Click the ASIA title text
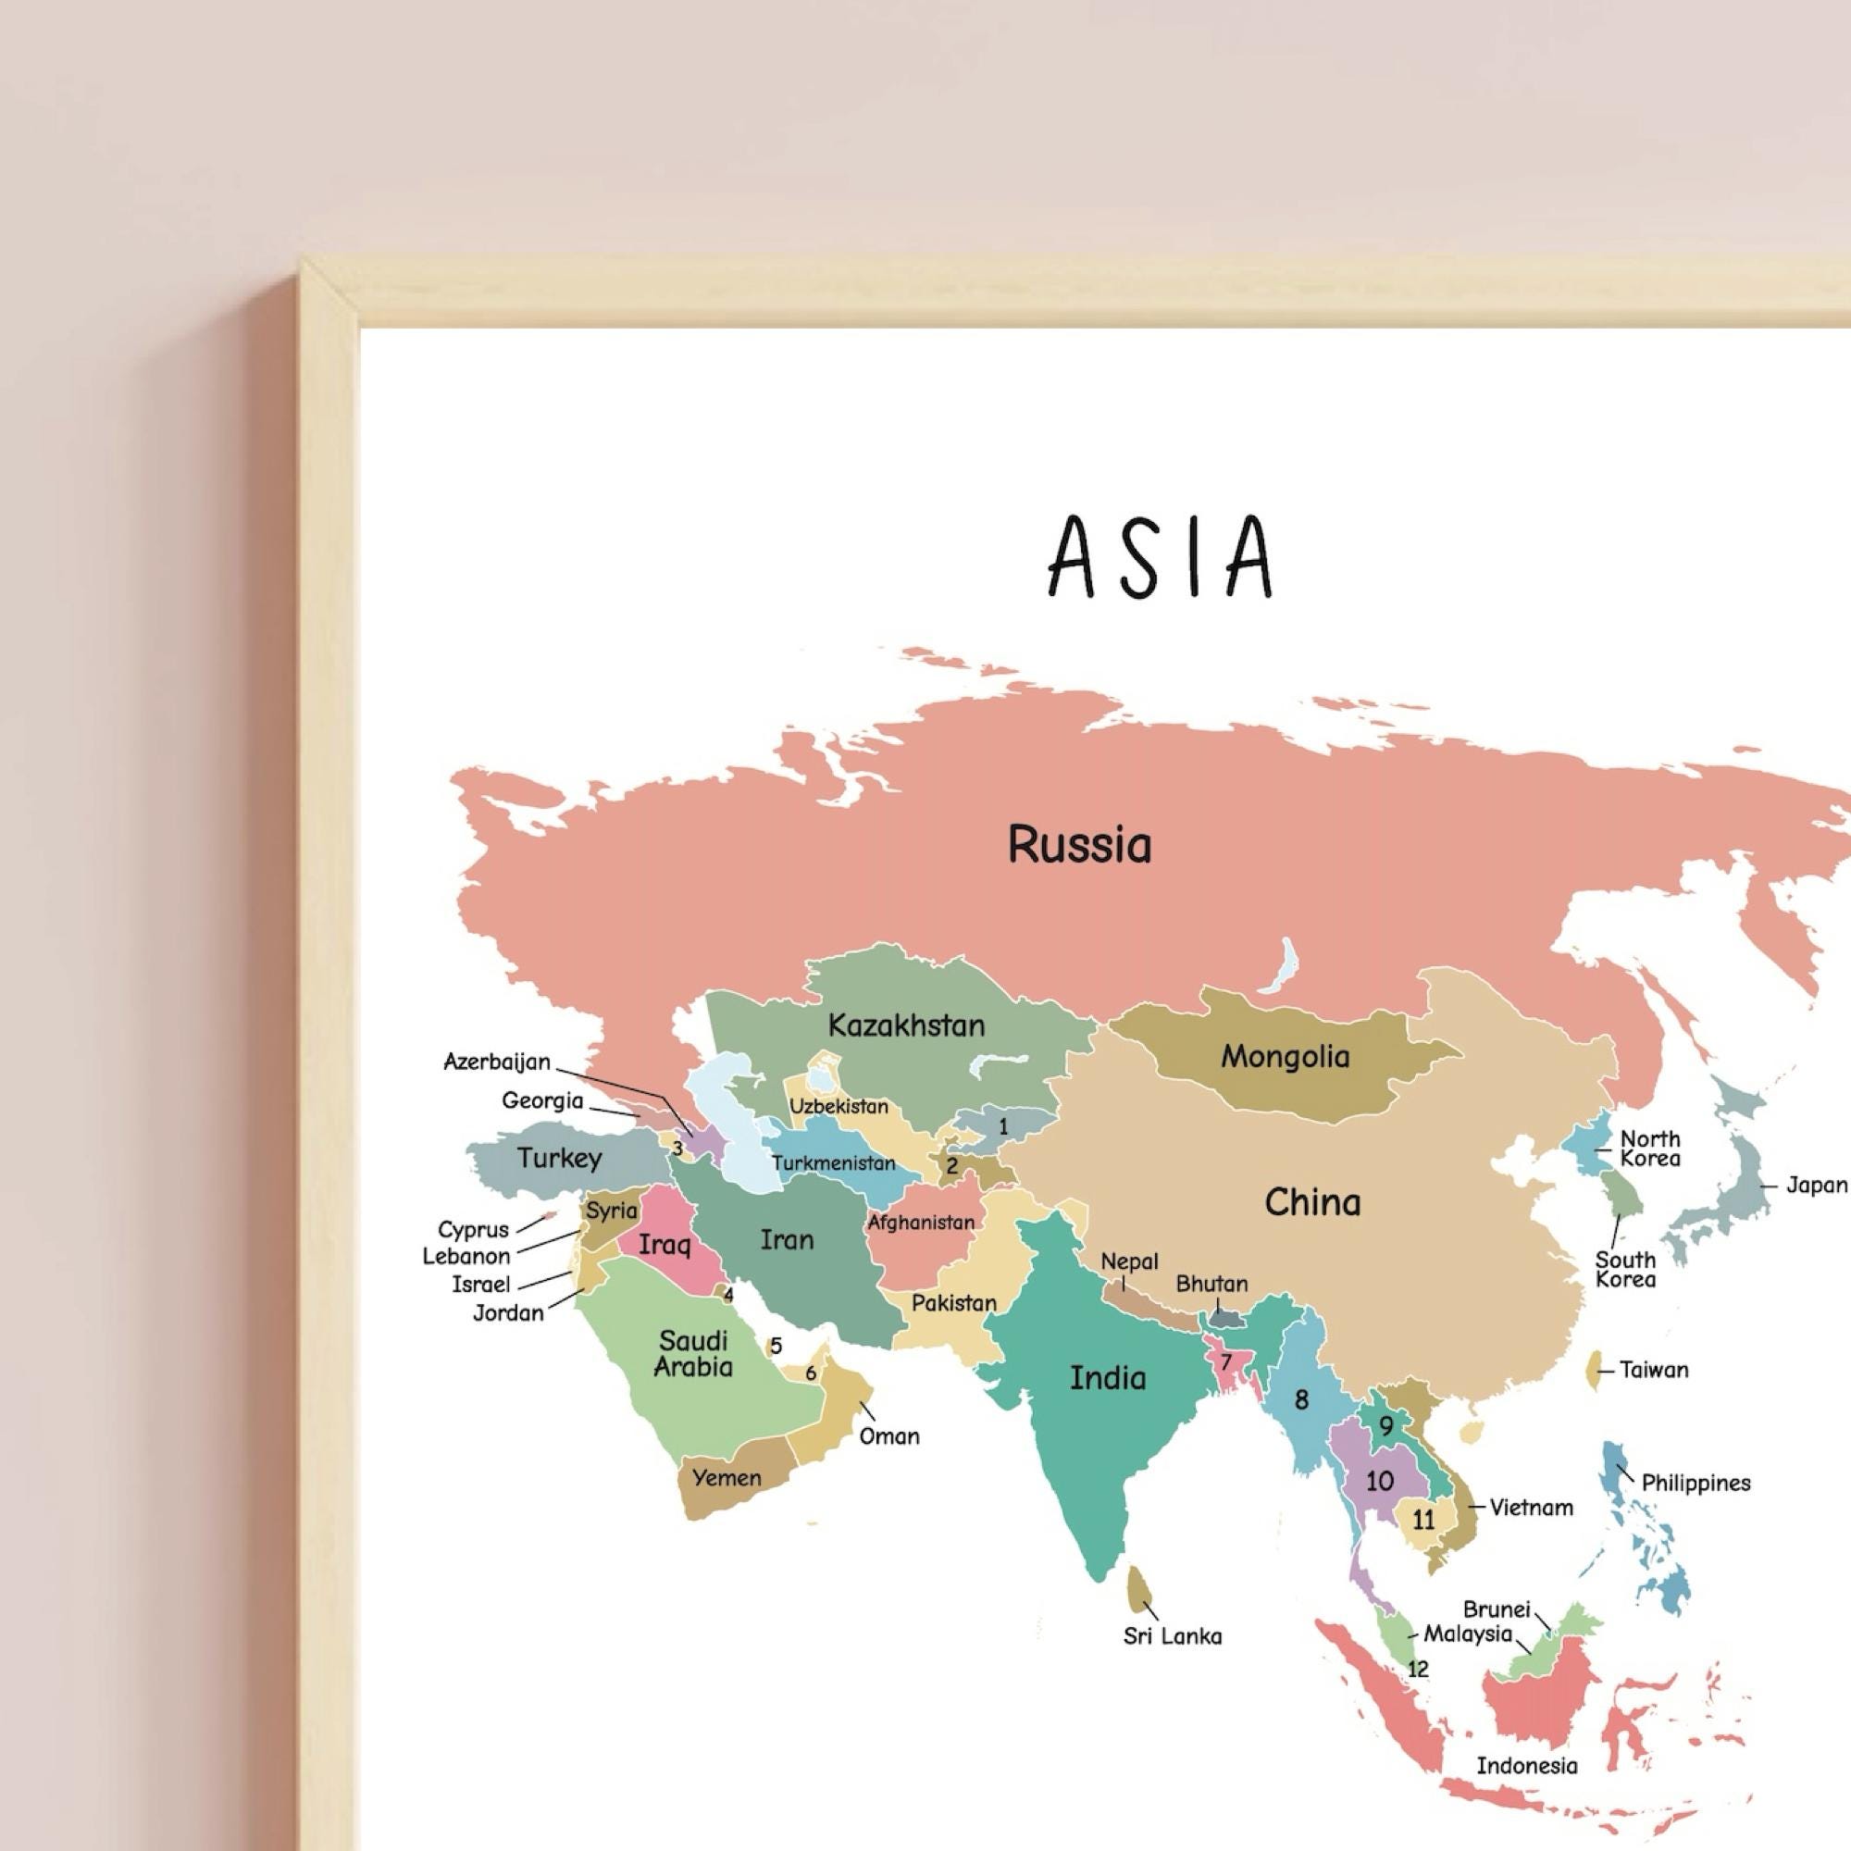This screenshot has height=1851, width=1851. click(1161, 557)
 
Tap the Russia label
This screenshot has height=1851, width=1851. click(1079, 845)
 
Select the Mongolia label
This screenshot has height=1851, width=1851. click(1284, 1057)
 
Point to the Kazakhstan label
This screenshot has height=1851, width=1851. click(905, 1025)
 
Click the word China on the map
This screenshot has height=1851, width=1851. click(1311, 1202)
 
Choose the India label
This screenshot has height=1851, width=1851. click(1108, 1378)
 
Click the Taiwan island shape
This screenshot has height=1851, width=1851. click(1596, 1369)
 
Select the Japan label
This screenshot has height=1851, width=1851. click(1817, 1186)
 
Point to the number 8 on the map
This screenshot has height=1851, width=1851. click(1301, 1399)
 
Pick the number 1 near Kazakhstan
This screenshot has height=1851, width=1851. click(1003, 1126)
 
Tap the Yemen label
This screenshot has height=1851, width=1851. click(727, 1477)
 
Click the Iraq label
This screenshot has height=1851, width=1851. click(664, 1245)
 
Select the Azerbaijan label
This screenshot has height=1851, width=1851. click(496, 1062)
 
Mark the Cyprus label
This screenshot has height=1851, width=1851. click(473, 1229)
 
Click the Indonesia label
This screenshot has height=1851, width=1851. click(1526, 1766)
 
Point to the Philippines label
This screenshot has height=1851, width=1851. click(1696, 1483)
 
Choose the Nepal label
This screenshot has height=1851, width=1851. click(1129, 1261)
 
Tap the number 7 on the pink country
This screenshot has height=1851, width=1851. click(1224, 1361)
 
